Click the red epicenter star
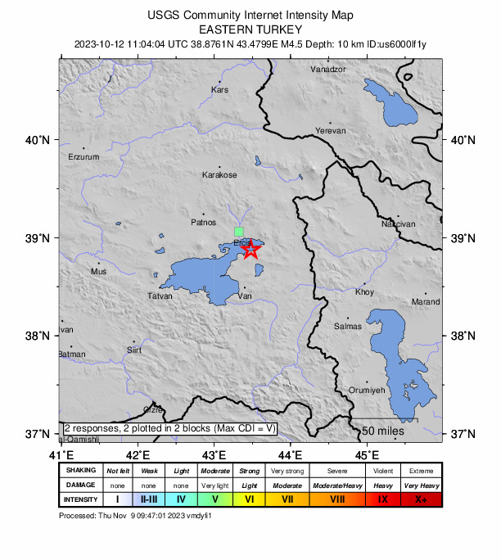click(251, 249)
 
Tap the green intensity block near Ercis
click(239, 232)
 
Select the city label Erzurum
click(83, 156)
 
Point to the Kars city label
click(219, 90)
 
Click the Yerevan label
click(331, 131)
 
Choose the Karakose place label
click(220, 175)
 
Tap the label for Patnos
click(203, 222)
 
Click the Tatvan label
click(160, 296)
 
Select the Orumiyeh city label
click(367, 391)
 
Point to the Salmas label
click(348, 327)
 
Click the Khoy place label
click(364, 292)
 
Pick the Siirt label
click(134, 350)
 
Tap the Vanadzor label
click(328, 70)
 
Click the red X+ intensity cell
click(421, 499)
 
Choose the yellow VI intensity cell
click(250, 499)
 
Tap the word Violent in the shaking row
click(382, 471)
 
